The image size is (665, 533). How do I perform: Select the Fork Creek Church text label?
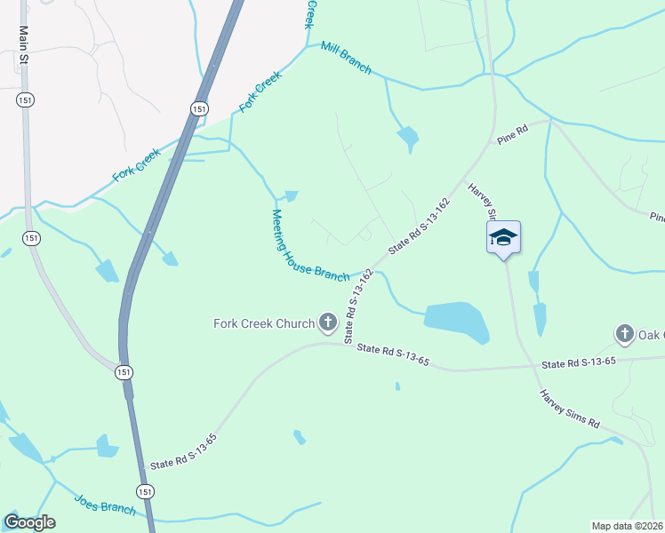tap(264, 323)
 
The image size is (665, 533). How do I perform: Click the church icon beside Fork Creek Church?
tap(328, 322)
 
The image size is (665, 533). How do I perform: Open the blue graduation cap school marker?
tap(503, 238)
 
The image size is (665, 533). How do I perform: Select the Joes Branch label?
tap(105, 504)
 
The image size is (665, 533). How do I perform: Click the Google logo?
tap(29, 522)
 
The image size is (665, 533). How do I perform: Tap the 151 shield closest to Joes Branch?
tap(144, 491)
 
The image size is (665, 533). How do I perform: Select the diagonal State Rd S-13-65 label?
tap(183, 451)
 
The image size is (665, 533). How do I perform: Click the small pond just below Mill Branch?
tap(408, 137)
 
